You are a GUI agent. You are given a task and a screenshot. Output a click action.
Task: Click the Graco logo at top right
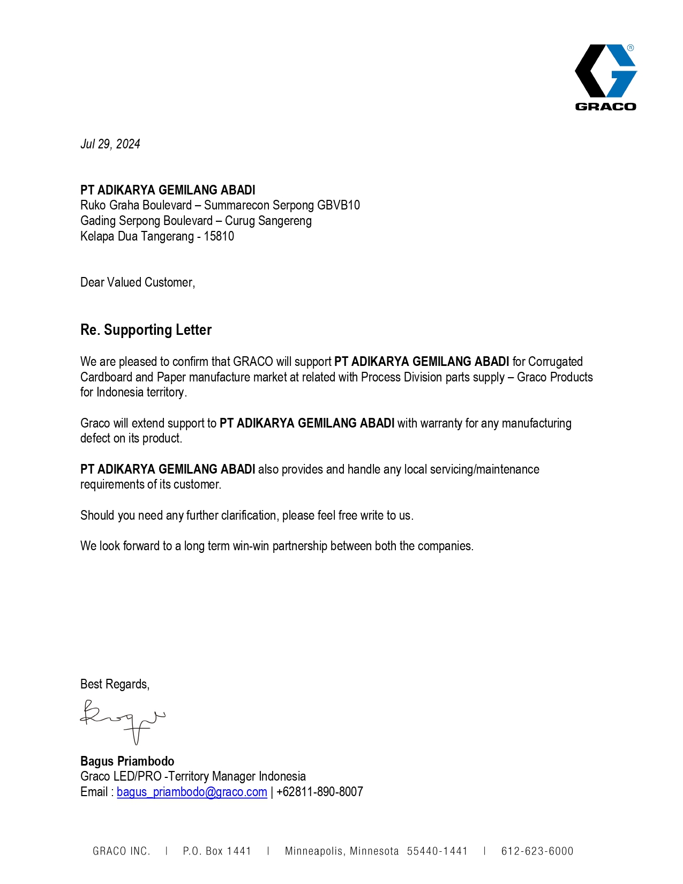605,77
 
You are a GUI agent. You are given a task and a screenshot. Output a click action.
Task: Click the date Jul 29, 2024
110,144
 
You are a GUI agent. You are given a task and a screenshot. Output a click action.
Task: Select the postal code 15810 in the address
219,236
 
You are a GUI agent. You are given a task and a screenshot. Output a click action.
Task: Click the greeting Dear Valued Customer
137,282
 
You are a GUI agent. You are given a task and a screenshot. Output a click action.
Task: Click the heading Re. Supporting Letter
146,330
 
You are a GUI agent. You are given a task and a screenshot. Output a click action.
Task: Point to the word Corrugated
555,362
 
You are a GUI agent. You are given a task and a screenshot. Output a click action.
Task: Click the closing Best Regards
115,684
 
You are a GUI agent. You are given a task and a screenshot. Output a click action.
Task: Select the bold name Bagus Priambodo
127,761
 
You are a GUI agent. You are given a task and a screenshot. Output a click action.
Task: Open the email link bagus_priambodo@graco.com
192,792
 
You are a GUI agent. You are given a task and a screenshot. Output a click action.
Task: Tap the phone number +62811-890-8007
319,792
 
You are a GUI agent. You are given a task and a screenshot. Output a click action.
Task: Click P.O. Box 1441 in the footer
217,851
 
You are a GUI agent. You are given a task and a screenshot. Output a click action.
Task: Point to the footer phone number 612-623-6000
537,851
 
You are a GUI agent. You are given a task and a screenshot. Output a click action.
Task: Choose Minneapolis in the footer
316,851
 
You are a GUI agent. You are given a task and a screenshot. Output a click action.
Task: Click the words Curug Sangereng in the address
268,221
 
